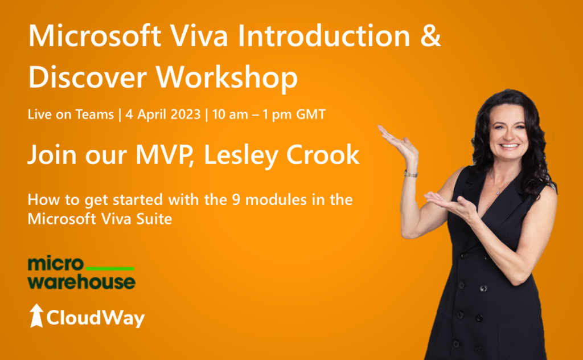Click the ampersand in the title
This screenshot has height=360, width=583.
tap(430, 36)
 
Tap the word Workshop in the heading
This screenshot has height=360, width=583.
tap(227, 77)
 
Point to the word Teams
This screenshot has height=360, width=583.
tap(95, 114)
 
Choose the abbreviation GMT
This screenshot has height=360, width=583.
tap(310, 114)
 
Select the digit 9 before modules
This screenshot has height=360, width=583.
tap(236, 200)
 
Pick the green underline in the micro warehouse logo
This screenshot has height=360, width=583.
tap(110, 268)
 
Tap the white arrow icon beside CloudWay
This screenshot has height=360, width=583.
tap(36, 316)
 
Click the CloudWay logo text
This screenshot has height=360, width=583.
tap(96, 318)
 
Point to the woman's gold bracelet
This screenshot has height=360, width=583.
tap(411, 174)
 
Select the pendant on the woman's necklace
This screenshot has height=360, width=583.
tap(498, 193)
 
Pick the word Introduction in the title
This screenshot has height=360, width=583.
tap(324, 36)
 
